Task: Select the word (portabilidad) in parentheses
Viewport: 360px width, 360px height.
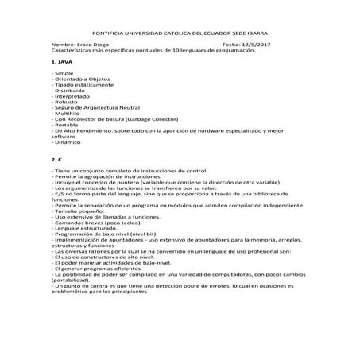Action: (x=75, y=280)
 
